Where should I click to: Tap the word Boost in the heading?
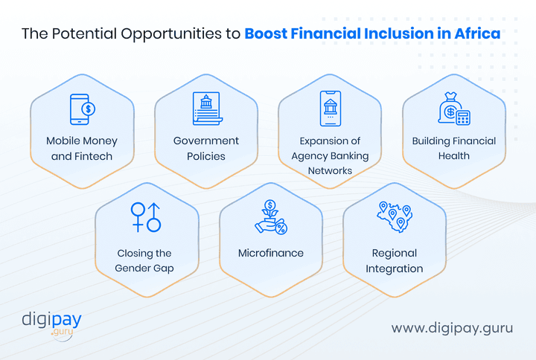click(x=267, y=33)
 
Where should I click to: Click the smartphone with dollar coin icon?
click(x=82, y=109)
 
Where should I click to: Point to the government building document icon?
click(x=206, y=109)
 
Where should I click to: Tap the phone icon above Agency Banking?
click(x=330, y=109)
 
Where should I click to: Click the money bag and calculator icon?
click(x=453, y=110)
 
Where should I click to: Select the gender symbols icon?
click(x=146, y=216)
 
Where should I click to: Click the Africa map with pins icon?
click(x=395, y=216)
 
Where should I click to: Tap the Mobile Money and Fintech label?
click(x=82, y=148)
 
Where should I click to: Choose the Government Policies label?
click(x=206, y=148)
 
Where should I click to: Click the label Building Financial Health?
click(x=454, y=148)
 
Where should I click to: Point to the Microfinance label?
click(x=271, y=253)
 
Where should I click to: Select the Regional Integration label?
click(x=395, y=260)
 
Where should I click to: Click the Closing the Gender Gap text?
click(x=146, y=260)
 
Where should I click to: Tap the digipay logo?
click(x=51, y=324)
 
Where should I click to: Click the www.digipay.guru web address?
click(x=453, y=327)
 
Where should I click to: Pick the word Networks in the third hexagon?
click(x=331, y=170)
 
